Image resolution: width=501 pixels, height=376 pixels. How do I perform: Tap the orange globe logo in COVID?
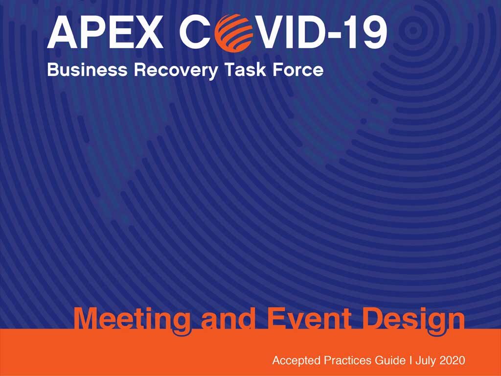[233, 32]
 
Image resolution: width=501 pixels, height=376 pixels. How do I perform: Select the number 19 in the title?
[367, 32]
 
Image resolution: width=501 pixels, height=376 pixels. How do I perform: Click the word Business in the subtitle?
[87, 70]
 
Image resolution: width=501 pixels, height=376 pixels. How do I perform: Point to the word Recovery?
[176, 70]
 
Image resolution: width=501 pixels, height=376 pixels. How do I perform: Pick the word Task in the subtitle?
[245, 70]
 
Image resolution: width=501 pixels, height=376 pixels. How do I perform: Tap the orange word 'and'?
[228, 319]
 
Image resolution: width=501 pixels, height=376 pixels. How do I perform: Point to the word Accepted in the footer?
[296, 361]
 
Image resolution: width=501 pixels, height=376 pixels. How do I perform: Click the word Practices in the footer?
[348, 360]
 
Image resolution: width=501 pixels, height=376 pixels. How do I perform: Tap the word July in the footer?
[426, 361]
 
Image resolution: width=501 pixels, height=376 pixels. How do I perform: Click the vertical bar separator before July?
[410, 360]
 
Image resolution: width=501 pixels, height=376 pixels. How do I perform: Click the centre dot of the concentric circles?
[413, 30]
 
